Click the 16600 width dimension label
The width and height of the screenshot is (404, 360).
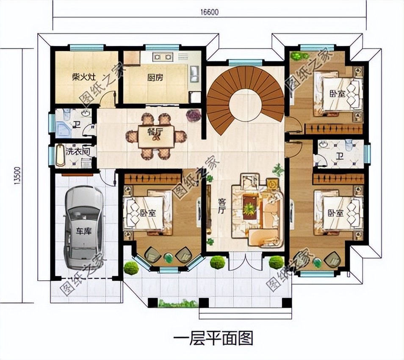(x=209, y=12)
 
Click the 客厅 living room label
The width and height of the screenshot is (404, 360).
(x=221, y=205)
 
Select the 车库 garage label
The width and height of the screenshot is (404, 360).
(x=83, y=231)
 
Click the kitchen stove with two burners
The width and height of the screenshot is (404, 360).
(x=163, y=56)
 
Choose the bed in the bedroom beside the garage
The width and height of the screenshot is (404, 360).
(x=147, y=213)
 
